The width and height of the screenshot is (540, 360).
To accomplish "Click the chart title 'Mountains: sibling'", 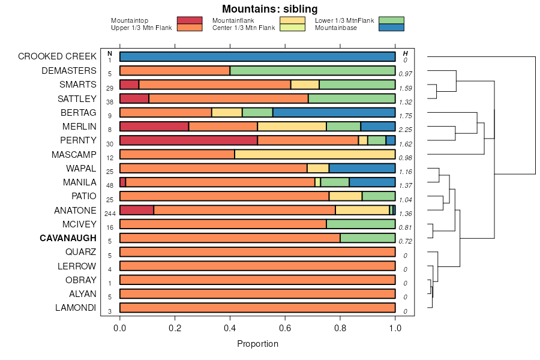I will [269, 9].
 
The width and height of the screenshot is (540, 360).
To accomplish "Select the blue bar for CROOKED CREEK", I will [257, 56].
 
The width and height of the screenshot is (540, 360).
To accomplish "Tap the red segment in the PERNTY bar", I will [188, 140].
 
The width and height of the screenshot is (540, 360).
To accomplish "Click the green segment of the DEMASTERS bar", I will [313, 71].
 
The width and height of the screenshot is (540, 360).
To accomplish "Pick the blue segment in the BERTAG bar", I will [334, 112].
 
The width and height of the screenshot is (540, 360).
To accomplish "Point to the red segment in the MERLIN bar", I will [154, 126].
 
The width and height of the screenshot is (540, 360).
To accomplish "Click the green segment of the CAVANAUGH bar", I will [367, 238].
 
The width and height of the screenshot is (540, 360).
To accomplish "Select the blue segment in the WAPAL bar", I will [362, 168].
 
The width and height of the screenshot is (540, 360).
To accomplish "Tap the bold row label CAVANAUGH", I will [68, 238].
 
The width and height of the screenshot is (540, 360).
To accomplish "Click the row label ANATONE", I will [75, 211].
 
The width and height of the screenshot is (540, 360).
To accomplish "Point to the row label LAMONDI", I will [75, 308].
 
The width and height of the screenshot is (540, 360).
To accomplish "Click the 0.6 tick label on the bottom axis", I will [285, 328].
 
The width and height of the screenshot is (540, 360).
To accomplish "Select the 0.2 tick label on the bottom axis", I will [175, 328].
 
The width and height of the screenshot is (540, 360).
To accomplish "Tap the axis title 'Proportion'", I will [257, 344].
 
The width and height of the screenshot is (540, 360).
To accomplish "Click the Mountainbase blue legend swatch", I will [391, 27].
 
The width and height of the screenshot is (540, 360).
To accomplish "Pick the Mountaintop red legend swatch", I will [190, 20].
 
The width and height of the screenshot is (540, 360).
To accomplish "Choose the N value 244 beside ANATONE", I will [110, 214].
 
